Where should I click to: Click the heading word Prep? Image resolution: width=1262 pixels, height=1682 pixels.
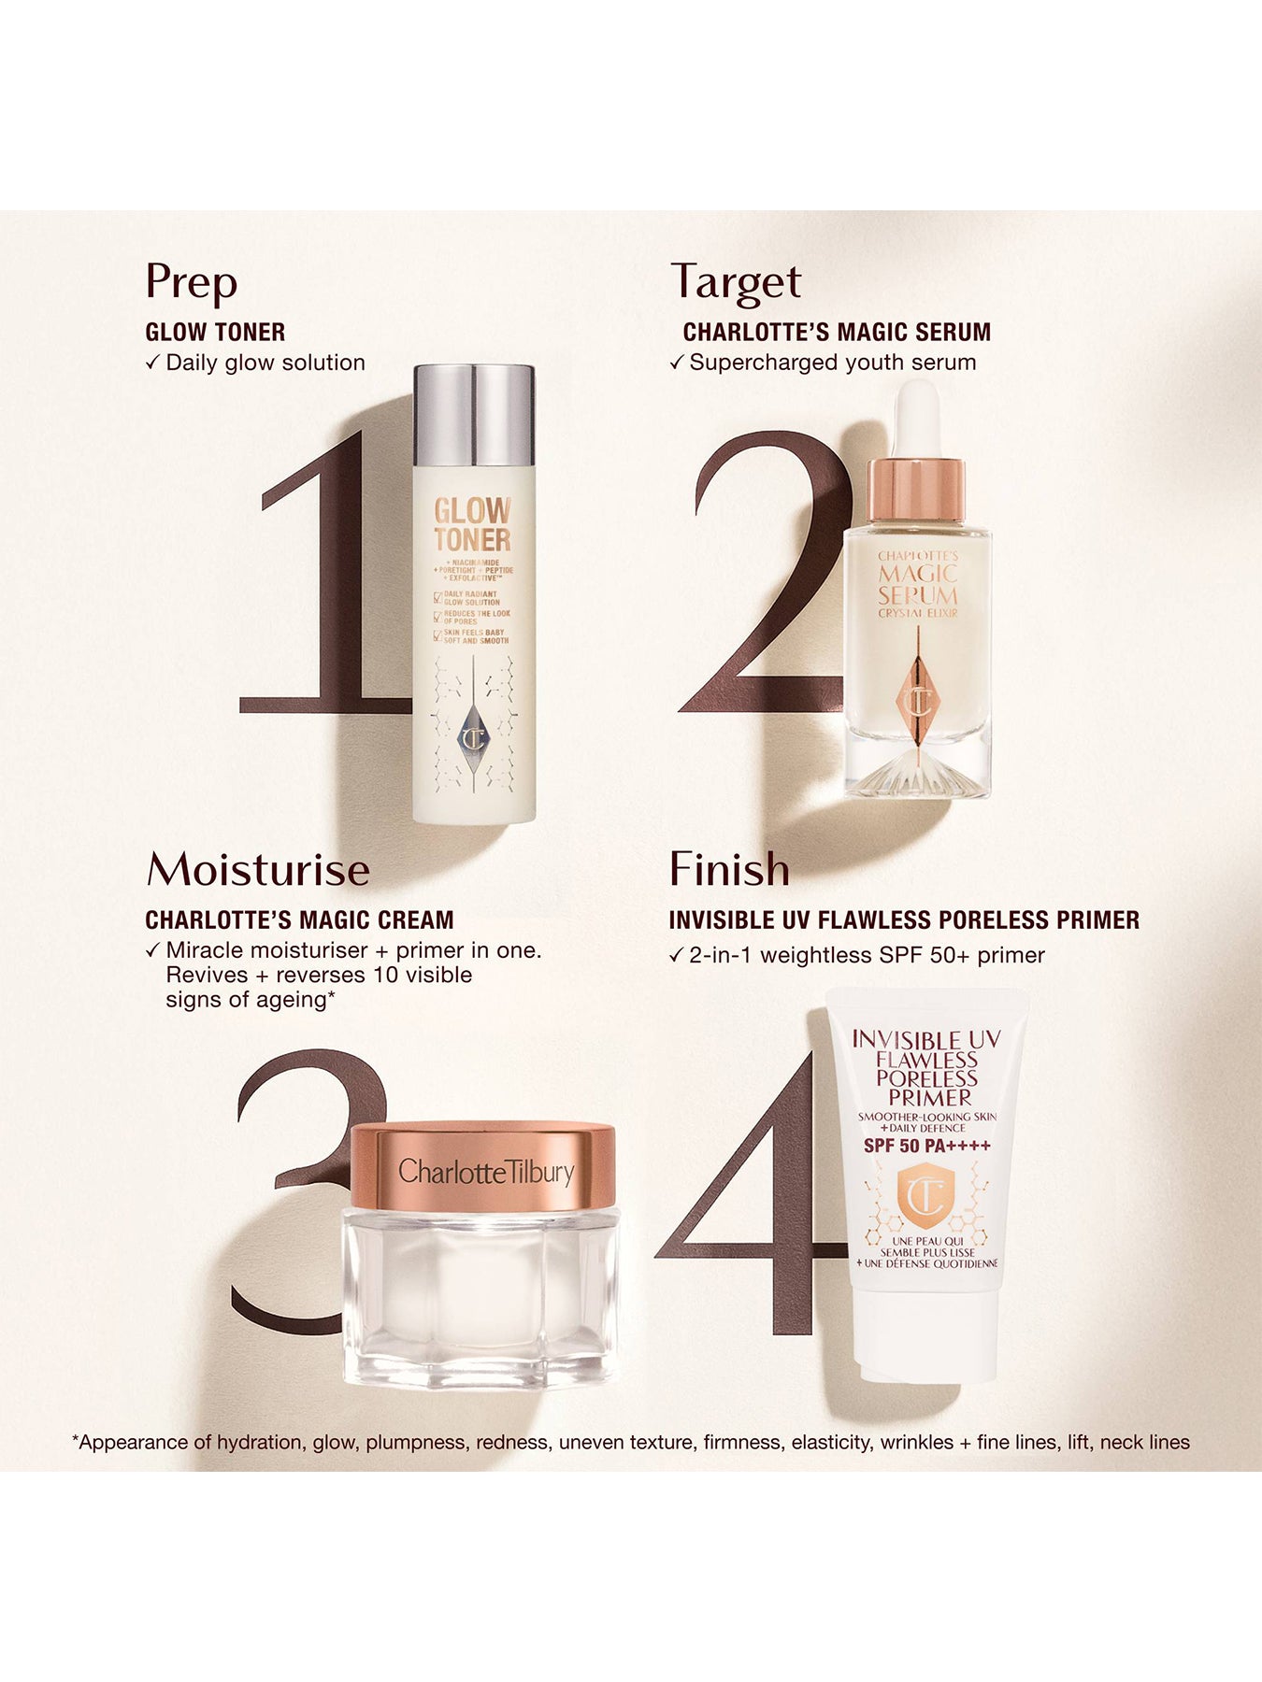(x=191, y=282)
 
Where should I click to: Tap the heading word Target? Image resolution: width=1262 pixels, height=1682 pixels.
(x=736, y=282)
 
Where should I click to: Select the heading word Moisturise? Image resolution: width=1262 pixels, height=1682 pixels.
(x=258, y=870)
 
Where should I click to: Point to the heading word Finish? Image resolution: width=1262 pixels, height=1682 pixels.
(x=729, y=870)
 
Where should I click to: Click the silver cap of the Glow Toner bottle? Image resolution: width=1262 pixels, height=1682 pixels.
(x=474, y=416)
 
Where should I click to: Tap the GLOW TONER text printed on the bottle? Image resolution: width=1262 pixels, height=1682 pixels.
(x=472, y=525)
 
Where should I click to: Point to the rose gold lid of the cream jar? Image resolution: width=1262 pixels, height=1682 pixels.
(x=483, y=1169)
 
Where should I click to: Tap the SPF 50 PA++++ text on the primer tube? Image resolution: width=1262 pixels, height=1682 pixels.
(x=926, y=1147)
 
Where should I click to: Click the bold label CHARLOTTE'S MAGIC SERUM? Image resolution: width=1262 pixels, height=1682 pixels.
(x=837, y=332)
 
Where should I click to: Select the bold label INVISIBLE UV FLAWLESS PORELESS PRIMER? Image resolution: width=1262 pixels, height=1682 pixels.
(x=904, y=920)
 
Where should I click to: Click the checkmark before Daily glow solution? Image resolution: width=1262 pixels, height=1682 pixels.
(x=153, y=363)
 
